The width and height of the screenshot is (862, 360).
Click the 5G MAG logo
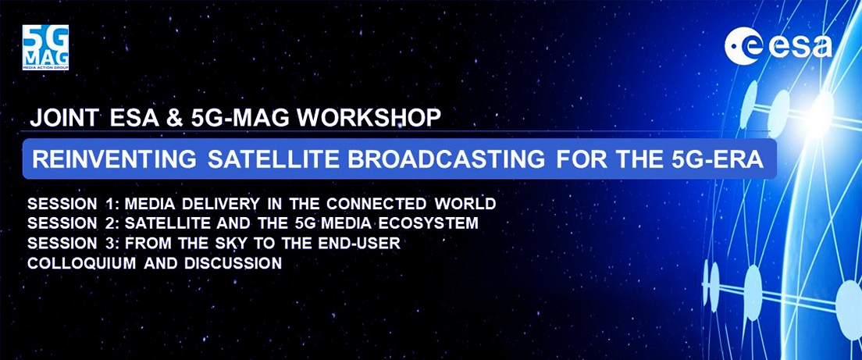pyautogui.click(x=45, y=48)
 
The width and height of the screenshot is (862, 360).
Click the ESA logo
pyautogui.click(x=778, y=47)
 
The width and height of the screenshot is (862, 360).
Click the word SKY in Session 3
pyautogui.click(x=229, y=244)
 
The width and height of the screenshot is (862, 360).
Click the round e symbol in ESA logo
pyautogui.click(x=739, y=47)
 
